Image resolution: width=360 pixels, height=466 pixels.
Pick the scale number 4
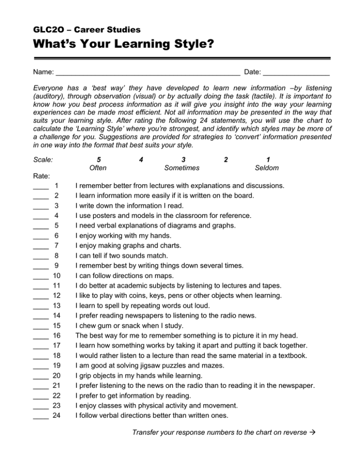pos(141,159)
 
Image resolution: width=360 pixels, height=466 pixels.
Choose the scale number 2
pos(226,159)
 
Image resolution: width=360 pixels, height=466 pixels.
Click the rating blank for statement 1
pos(41,187)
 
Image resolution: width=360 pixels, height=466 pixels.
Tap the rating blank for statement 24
pos(41,417)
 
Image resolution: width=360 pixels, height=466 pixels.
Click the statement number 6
pos(57,235)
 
